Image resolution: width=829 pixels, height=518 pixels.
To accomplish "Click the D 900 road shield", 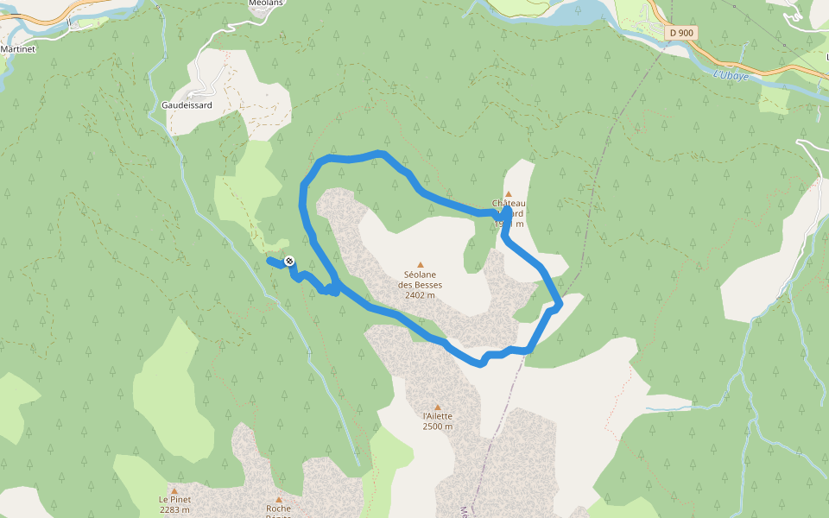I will point(681,32).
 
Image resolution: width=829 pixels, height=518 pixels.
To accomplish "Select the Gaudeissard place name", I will point(187,105).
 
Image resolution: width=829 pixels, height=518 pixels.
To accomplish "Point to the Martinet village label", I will point(17,49).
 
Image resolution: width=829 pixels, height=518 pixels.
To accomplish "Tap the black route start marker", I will point(289,261).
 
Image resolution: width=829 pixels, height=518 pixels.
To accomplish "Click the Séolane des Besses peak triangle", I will point(421,265).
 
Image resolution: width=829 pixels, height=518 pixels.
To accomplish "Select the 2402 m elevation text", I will point(420,295).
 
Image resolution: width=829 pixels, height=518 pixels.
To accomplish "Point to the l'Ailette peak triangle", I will point(438,407).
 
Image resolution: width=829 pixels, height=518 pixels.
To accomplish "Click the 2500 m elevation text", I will point(438,426).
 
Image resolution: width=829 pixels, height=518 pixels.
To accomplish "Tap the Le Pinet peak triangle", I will point(174,490).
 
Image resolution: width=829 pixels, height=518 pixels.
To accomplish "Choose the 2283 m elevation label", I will point(174,509).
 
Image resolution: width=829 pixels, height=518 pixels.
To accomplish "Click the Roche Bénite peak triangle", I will point(278,499).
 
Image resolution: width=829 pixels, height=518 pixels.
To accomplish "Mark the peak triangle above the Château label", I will point(509,194).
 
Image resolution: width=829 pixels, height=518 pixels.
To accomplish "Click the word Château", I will point(509,204).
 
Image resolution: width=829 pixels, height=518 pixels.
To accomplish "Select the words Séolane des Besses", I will point(421,280).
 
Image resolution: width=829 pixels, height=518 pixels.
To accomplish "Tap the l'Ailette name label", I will point(438,416).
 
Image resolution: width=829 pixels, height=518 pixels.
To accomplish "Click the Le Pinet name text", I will point(174,500).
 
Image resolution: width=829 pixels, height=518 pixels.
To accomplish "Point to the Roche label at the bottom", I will point(278,509).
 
